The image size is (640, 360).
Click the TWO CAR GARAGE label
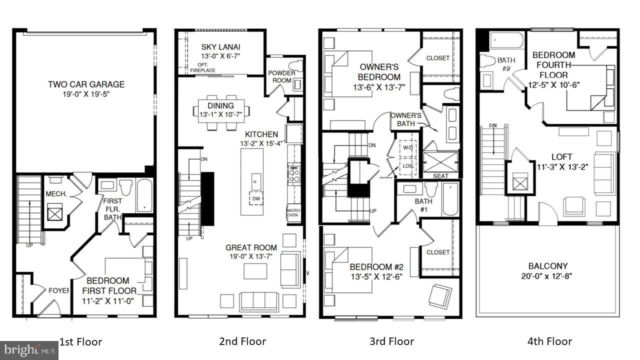click(x=86, y=84)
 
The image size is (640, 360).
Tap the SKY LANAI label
click(x=220, y=47)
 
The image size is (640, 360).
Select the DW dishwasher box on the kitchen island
click(x=256, y=198)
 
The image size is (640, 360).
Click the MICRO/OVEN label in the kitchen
click(x=293, y=213)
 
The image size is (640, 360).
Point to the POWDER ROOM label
click(x=281, y=76)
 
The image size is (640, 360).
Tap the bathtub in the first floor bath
click(x=144, y=197)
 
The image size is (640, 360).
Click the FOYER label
click(x=58, y=290)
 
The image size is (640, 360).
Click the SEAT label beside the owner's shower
click(x=440, y=176)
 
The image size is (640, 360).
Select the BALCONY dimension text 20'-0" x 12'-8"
click(x=548, y=276)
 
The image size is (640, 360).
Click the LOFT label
click(x=561, y=156)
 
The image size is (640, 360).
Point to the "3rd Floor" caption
click(x=391, y=341)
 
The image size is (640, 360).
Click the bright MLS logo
click(x=28, y=349)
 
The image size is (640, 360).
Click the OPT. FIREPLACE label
click(x=202, y=68)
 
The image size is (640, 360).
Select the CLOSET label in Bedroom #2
click(x=437, y=252)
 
